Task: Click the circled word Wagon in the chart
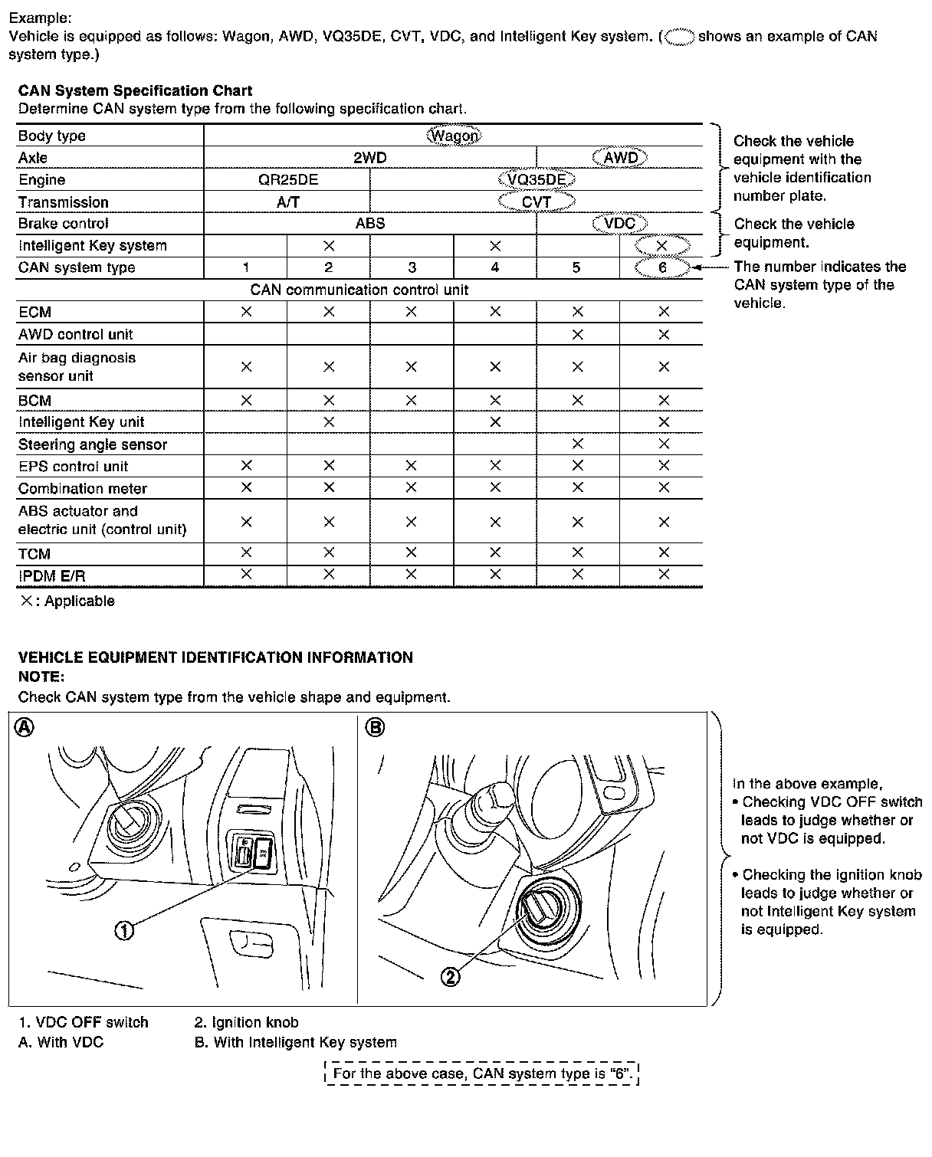click(454, 136)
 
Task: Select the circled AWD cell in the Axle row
click(620, 158)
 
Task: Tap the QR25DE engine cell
click(287, 180)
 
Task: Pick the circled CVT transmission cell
click(537, 202)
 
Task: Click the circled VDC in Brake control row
click(619, 224)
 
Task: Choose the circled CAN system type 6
click(662, 267)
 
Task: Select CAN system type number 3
click(412, 267)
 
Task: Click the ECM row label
click(35, 312)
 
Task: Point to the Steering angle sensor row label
click(93, 444)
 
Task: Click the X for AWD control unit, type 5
click(577, 334)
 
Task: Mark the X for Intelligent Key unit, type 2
click(329, 421)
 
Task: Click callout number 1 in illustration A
click(124, 930)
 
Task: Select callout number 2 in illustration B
click(451, 976)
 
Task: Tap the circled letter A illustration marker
click(25, 728)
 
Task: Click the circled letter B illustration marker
click(376, 728)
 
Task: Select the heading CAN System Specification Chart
click(135, 91)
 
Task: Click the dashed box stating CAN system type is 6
click(482, 1073)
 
